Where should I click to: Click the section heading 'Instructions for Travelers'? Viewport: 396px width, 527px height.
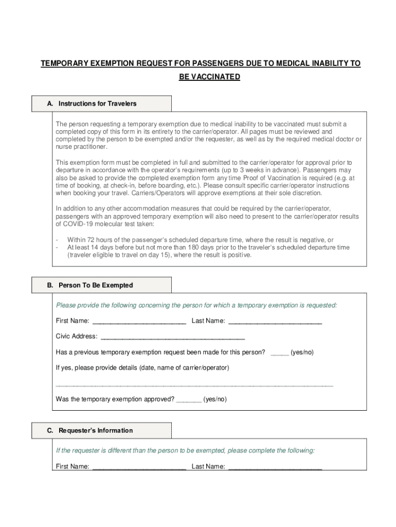pos(97,103)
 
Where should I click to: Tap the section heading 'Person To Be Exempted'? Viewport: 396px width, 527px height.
pos(96,285)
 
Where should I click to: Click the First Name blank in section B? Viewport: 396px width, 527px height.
pos(139,322)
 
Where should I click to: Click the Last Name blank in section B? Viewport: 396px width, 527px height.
pos(275,322)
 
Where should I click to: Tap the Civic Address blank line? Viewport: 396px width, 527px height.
pos(173,338)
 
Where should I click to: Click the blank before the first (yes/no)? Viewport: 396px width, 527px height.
pos(279,354)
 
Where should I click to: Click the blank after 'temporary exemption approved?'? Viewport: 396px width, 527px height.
pos(189,400)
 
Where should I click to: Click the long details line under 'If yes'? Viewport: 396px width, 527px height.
pos(194,384)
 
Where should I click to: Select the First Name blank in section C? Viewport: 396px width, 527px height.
pos(139,468)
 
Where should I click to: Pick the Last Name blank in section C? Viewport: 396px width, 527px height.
pos(275,468)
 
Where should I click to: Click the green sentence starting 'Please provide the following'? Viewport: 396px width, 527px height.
pos(196,305)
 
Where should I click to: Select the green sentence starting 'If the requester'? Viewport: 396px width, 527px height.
pos(185,450)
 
